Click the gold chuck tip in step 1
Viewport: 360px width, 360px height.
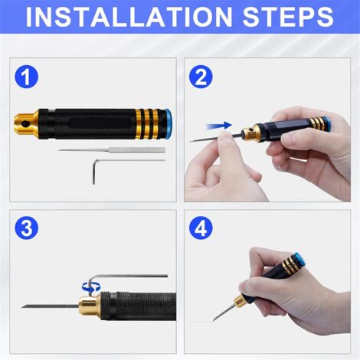point(25,120)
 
